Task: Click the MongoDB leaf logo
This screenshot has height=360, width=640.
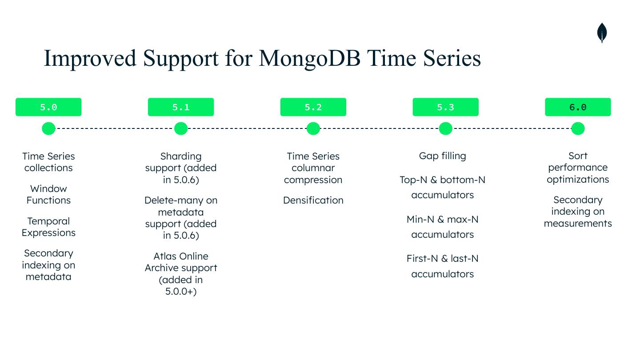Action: [x=602, y=33]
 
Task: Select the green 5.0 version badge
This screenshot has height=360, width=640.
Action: [x=48, y=107]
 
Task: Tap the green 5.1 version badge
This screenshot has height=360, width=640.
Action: [x=181, y=107]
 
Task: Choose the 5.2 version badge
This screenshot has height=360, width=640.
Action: [x=313, y=107]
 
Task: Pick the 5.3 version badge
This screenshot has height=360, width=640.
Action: [x=446, y=107]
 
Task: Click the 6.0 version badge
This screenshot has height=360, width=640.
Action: [x=578, y=107]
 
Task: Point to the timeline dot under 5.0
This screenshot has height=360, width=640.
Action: [x=48, y=128]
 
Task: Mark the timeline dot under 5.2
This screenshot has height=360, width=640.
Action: [x=313, y=128]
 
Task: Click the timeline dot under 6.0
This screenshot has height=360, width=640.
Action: [x=578, y=128]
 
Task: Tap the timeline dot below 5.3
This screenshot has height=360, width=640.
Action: [x=446, y=128]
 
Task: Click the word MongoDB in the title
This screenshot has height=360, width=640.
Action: [x=309, y=58]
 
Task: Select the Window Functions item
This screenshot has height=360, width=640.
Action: [x=48, y=195]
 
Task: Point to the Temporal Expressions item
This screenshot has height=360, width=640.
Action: [x=48, y=227]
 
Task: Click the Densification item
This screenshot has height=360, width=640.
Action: [x=313, y=200]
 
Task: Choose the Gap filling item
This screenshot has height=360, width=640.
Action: [x=443, y=156]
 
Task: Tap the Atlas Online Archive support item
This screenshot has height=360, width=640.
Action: [x=181, y=273]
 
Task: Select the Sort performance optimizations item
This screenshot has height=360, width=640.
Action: [x=578, y=168]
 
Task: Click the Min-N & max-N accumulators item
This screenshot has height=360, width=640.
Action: [x=443, y=227]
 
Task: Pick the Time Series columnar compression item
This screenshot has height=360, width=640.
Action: [x=313, y=168]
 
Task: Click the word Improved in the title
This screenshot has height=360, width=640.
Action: [x=90, y=58]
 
